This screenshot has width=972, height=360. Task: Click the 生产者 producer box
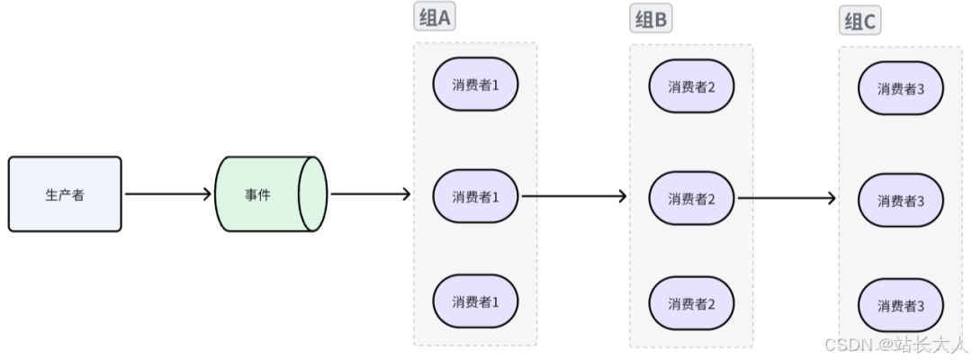click(65, 194)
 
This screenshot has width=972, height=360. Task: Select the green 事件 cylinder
click(261, 194)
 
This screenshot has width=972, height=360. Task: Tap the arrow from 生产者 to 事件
click(167, 194)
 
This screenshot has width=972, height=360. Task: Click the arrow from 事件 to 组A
click(370, 194)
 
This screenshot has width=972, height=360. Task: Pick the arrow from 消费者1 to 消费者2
click(573, 195)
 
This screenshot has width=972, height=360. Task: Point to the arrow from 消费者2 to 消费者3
click(787, 197)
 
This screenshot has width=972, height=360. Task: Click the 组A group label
click(435, 17)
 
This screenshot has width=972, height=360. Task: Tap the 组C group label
click(860, 22)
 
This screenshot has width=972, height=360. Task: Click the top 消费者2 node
click(691, 86)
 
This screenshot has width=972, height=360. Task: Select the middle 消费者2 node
click(691, 198)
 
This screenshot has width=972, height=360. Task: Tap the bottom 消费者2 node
click(691, 303)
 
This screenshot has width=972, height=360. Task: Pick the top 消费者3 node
click(901, 88)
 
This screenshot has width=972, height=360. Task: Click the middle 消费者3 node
click(901, 201)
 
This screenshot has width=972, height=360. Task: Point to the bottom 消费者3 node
click(901, 306)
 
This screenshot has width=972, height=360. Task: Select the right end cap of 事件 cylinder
click(312, 194)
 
